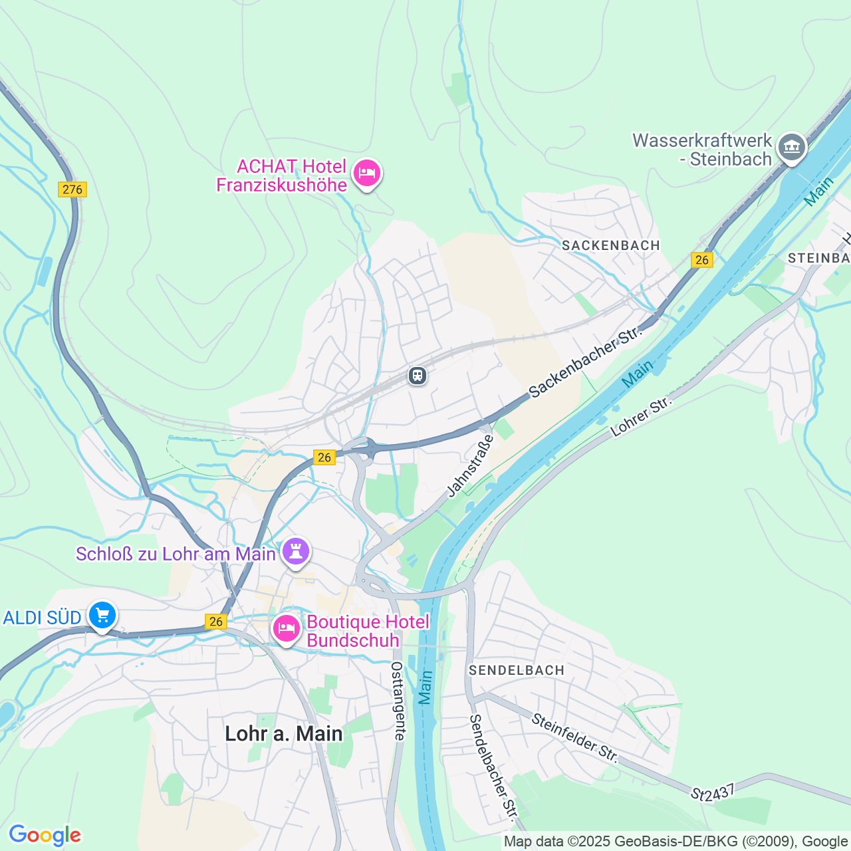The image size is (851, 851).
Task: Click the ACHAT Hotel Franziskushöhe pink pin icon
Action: pyautogui.click(x=366, y=174)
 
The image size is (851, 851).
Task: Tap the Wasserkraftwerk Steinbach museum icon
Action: pyautogui.click(x=791, y=147)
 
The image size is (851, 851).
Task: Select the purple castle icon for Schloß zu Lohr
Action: pyautogui.click(x=296, y=552)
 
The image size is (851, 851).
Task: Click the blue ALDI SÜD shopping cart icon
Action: pyautogui.click(x=102, y=616)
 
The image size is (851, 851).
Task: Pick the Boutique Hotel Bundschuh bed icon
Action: pyautogui.click(x=287, y=628)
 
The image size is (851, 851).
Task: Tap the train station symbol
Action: pyautogui.click(x=418, y=376)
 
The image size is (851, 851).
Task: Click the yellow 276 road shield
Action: pyautogui.click(x=72, y=189)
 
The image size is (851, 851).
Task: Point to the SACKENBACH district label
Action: pyautogui.click(x=610, y=245)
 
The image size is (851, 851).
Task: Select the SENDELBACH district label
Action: pyautogui.click(x=517, y=670)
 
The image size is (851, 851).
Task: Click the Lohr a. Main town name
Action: pyautogui.click(x=284, y=733)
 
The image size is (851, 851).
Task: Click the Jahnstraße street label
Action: pyautogui.click(x=471, y=465)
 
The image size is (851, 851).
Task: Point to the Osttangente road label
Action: pyautogui.click(x=398, y=701)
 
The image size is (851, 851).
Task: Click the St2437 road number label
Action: pyautogui.click(x=713, y=792)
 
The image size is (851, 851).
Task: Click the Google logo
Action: pyautogui.click(x=45, y=835)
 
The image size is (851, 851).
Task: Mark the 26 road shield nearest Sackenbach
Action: pyautogui.click(x=702, y=260)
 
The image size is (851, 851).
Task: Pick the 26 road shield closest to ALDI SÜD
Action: pyautogui.click(x=215, y=622)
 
